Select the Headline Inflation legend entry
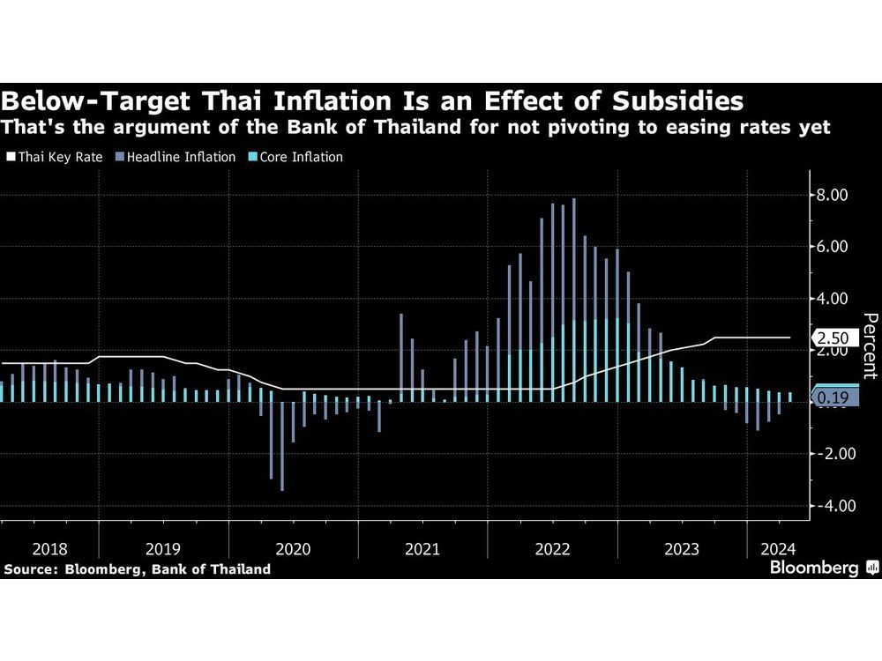pos(181,157)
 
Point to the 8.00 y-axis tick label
pos(833,195)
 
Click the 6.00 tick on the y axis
pos(833,247)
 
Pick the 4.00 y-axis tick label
pos(833,299)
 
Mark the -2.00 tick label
pos(832,454)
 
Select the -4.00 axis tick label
pos(832,506)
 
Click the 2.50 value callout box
pos(833,338)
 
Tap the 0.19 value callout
pos(833,398)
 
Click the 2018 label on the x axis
pos(49,549)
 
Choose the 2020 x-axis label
pos(293,549)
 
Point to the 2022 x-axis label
pos(552,549)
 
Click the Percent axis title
pos(869,346)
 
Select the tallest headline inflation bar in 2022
pos(573,300)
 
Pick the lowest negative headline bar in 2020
pos(282,446)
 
